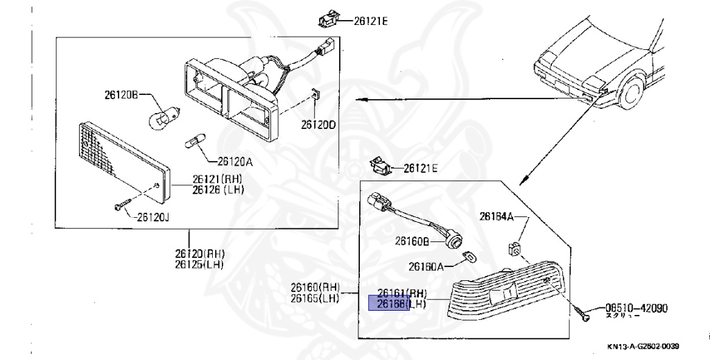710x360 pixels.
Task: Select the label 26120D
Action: (318, 125)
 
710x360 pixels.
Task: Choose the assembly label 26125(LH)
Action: (199, 264)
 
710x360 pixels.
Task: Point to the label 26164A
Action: (496, 216)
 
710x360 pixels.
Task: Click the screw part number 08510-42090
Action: (636, 309)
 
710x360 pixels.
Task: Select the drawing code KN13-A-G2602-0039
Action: (643, 347)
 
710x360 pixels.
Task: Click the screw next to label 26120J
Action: (121, 205)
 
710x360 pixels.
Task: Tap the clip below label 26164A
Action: (515, 246)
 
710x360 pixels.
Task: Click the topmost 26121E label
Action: (371, 22)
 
